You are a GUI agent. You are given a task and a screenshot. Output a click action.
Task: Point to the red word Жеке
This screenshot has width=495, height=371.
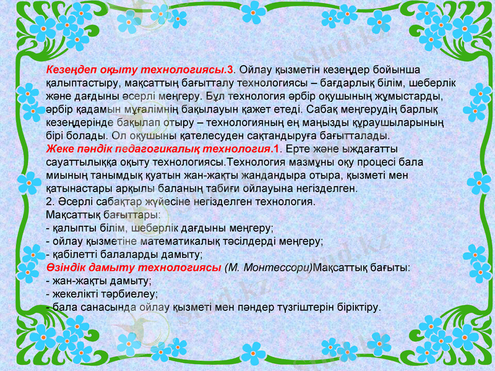pos(61,150)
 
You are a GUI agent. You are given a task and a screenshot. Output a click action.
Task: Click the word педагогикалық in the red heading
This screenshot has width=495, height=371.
pos(139,150)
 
